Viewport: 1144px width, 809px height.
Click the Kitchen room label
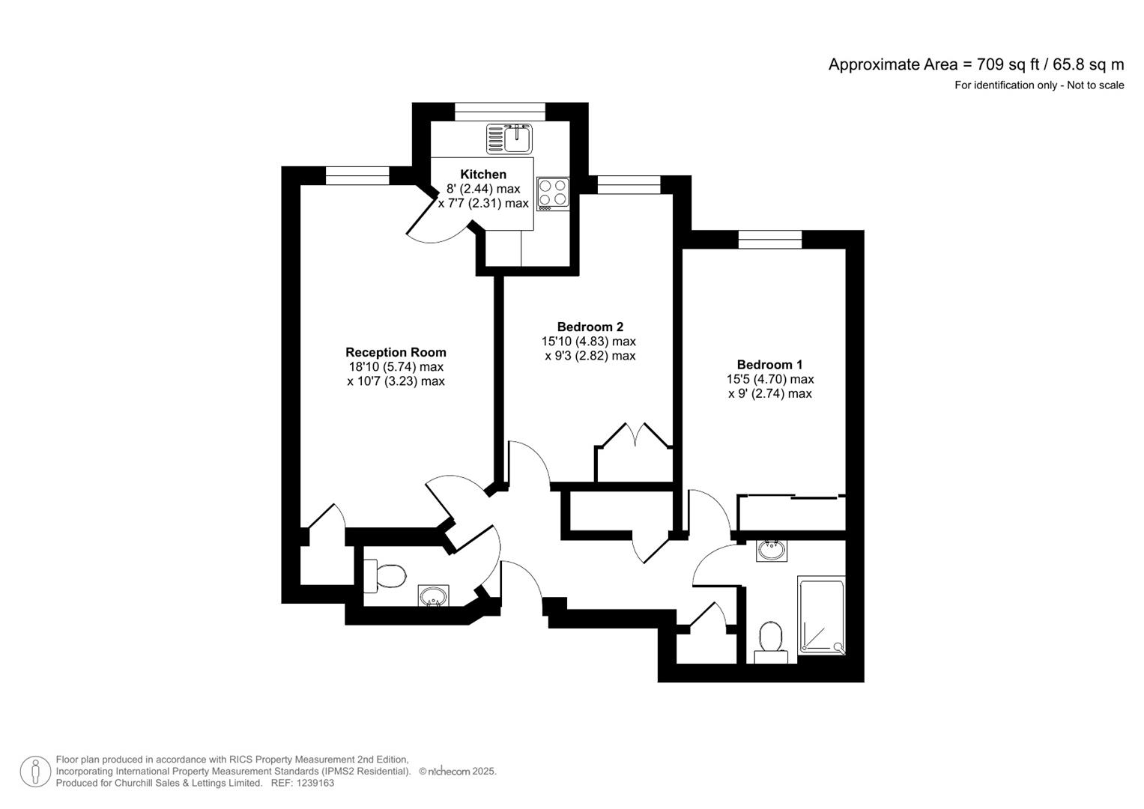pyautogui.click(x=483, y=175)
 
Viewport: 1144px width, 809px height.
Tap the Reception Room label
pyautogui.click(x=396, y=352)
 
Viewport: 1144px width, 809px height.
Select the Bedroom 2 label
pyautogui.click(x=590, y=327)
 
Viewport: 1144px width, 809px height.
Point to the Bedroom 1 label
pyautogui.click(x=769, y=365)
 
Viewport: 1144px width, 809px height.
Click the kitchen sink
pyautogui.click(x=509, y=139)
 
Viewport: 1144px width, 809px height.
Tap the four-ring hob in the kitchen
pyautogui.click(x=553, y=193)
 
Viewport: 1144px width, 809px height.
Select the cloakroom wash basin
pyautogui.click(x=433, y=596)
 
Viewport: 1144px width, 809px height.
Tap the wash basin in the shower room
pyautogui.click(x=772, y=551)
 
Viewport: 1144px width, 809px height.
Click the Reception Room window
pyautogui.click(x=357, y=176)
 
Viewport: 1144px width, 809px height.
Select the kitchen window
pyautogui.click(x=500, y=112)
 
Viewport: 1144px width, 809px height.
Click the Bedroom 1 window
pyautogui.click(x=769, y=240)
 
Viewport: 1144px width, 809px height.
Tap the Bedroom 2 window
pyautogui.click(x=628, y=184)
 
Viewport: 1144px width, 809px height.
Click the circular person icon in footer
pyautogui.click(x=35, y=772)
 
